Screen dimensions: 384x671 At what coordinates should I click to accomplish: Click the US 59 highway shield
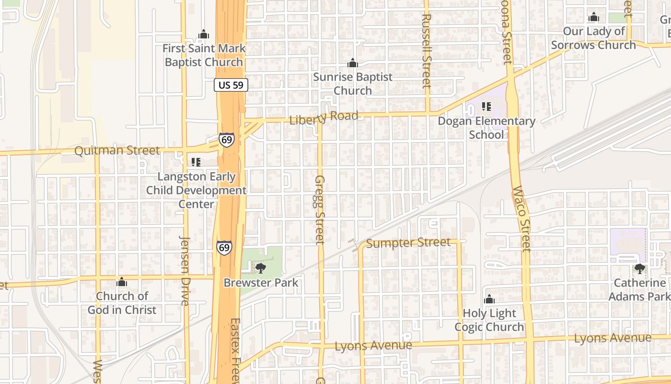coord(231,85)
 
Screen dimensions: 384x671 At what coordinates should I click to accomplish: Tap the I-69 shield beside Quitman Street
coord(227,140)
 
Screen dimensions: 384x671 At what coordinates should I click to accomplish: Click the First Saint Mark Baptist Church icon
coord(204,35)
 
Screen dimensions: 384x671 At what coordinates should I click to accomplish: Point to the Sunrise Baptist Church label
coord(353,84)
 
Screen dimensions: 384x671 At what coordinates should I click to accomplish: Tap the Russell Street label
coord(426,50)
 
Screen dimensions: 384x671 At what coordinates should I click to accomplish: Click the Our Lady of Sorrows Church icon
coord(594,18)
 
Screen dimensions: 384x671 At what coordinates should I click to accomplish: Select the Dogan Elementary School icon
coord(486,107)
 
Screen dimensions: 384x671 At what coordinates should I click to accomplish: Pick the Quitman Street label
coord(117,151)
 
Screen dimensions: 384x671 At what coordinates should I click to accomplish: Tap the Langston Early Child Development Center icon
coord(196,162)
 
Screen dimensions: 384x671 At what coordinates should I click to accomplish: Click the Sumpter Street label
coord(408,243)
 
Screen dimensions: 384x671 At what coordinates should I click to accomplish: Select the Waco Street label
coord(522,218)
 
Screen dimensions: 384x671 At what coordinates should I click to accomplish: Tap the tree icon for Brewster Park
coord(261,268)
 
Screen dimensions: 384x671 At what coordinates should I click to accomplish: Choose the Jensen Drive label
coord(185,270)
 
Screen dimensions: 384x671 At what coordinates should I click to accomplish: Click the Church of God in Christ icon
coord(122,282)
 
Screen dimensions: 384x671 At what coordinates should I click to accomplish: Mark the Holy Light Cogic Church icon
coord(489,300)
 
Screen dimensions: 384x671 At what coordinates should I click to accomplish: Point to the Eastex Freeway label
coord(234,350)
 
